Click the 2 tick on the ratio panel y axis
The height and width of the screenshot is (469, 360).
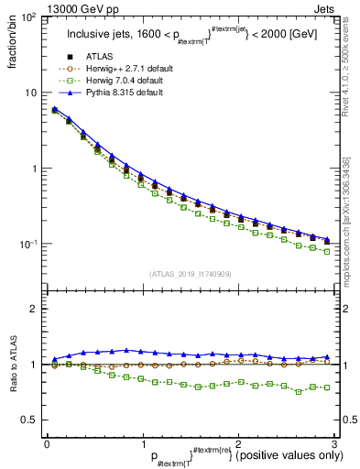click(33, 309)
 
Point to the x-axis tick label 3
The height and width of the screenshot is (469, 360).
click(333, 442)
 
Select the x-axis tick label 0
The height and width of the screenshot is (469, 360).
click(47, 442)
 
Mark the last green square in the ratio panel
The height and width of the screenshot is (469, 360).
click(328, 387)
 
